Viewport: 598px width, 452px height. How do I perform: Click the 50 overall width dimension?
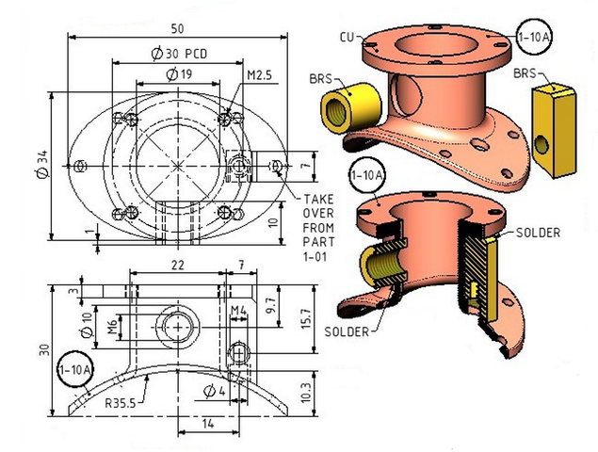[x=177, y=28]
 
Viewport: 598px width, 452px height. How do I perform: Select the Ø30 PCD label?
[x=179, y=54]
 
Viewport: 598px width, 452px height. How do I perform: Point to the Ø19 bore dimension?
[x=179, y=74]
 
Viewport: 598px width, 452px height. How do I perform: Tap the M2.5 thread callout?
[x=259, y=75]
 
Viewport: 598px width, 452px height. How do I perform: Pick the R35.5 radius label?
[x=121, y=403]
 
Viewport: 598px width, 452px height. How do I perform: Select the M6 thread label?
[x=112, y=328]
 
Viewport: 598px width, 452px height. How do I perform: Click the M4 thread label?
[x=239, y=311]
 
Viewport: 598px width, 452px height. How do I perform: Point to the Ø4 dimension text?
[x=215, y=391]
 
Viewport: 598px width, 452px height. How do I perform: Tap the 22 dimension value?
[x=178, y=265]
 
